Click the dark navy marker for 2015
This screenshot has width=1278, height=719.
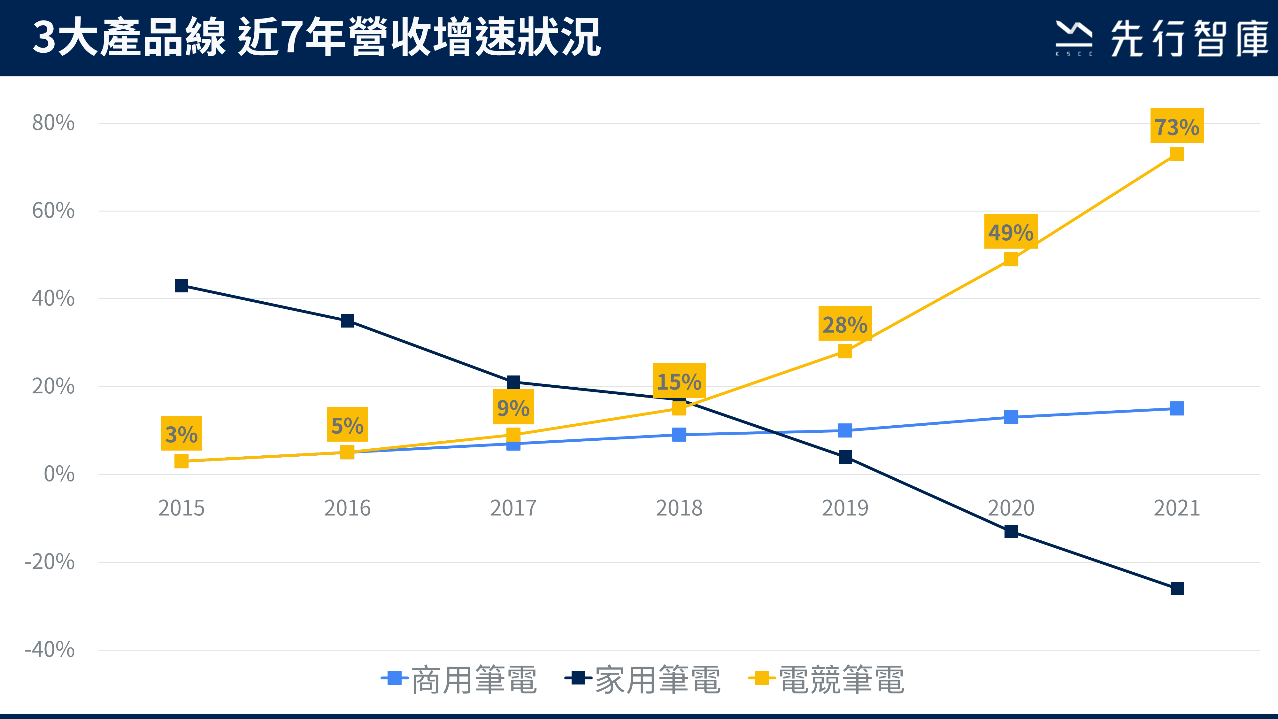[x=181, y=285]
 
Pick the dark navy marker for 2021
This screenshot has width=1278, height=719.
[x=1177, y=589]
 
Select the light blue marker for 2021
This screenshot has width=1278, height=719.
[x=1177, y=408]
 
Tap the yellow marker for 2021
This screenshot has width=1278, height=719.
[x=1177, y=153]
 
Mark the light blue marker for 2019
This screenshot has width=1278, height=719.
[x=845, y=430]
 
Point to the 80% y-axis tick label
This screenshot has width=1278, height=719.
[x=53, y=123]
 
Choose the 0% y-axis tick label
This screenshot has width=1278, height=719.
[x=59, y=474]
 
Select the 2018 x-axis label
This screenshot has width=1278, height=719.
[x=679, y=508]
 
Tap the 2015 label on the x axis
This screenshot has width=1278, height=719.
[x=181, y=508]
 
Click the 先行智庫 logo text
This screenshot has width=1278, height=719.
[x=1188, y=38]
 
